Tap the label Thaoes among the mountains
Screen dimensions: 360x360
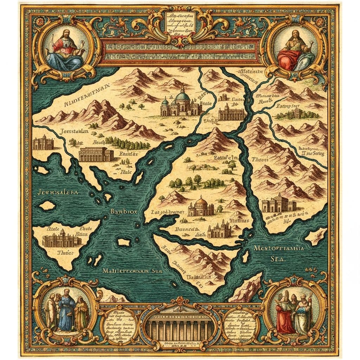pos(261,159)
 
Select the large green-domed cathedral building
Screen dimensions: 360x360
pos(181,102)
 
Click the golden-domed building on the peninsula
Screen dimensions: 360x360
pos(201,207)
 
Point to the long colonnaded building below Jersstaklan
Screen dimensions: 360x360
pos(96,154)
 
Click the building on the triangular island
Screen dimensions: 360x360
pos(62,239)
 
